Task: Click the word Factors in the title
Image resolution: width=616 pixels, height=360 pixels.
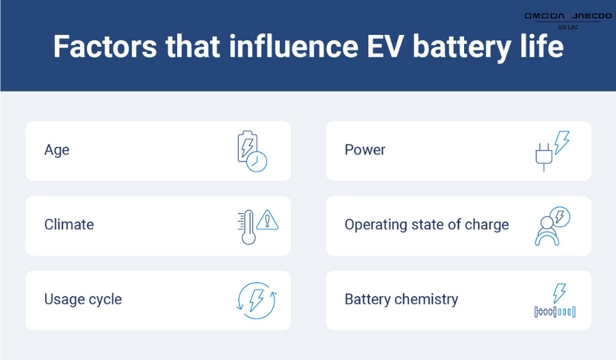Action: (105, 47)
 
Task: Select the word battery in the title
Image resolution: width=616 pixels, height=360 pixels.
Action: (461, 47)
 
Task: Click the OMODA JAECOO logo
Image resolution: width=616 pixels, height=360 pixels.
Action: (568, 16)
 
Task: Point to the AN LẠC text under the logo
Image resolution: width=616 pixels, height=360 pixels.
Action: (568, 27)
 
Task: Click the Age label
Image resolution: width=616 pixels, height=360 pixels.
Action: (57, 150)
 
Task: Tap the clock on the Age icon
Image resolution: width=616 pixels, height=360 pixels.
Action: (257, 162)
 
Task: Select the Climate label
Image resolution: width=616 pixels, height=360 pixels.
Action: (69, 224)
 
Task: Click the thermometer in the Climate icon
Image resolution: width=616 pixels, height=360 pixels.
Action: (248, 227)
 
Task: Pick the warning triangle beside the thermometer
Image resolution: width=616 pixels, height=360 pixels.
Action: (268, 220)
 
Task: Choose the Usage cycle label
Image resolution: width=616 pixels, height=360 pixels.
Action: (84, 300)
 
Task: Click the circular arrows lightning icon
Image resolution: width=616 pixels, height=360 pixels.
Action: (257, 300)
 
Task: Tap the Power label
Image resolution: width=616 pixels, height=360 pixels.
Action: (365, 150)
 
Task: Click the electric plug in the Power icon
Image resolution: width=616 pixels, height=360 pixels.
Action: (544, 157)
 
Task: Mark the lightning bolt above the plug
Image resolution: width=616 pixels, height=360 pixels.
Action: (562, 142)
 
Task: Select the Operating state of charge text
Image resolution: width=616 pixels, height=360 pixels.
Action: (426, 224)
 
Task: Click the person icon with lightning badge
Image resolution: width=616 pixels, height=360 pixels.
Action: (552, 226)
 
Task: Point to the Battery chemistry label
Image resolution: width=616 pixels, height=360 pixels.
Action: (402, 300)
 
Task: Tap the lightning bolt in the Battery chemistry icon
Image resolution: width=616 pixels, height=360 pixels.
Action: (559, 293)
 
